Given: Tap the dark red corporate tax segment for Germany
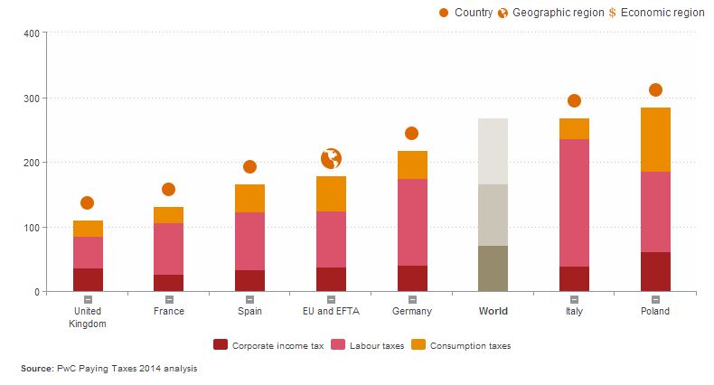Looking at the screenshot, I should point(411,278).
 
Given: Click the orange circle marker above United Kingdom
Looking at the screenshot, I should point(87,202).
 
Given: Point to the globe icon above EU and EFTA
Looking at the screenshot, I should point(331,159).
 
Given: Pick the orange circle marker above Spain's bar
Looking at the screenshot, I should point(249,166).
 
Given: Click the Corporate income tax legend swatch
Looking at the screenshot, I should point(221,344).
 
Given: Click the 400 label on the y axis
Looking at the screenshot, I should point(31,33).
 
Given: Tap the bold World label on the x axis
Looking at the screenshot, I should point(493,311).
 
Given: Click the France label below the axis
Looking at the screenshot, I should point(168,311).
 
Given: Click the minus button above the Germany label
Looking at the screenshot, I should point(411,299).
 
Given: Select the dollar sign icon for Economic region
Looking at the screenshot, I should point(613,13).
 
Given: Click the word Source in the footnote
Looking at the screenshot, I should point(36,369).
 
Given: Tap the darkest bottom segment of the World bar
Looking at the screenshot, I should point(493,268).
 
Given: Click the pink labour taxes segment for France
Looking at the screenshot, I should point(168,249).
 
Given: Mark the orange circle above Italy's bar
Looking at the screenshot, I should point(574,100).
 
